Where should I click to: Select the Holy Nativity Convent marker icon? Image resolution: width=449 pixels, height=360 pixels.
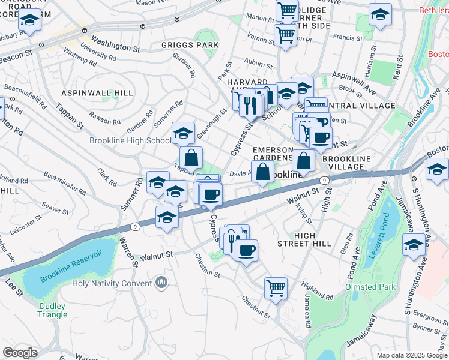click(x=161, y=282)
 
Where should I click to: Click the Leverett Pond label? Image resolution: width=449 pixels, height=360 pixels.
click(x=379, y=234)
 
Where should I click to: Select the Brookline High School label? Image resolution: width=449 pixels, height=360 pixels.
click(x=130, y=141)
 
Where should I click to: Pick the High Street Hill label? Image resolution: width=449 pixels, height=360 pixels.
click(x=304, y=238)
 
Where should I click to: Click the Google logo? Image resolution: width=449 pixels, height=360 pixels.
click(x=20, y=352)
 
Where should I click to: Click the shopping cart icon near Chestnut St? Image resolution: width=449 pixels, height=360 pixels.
click(x=276, y=288)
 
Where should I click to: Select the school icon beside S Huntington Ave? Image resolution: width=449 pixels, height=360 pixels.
click(x=413, y=246)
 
